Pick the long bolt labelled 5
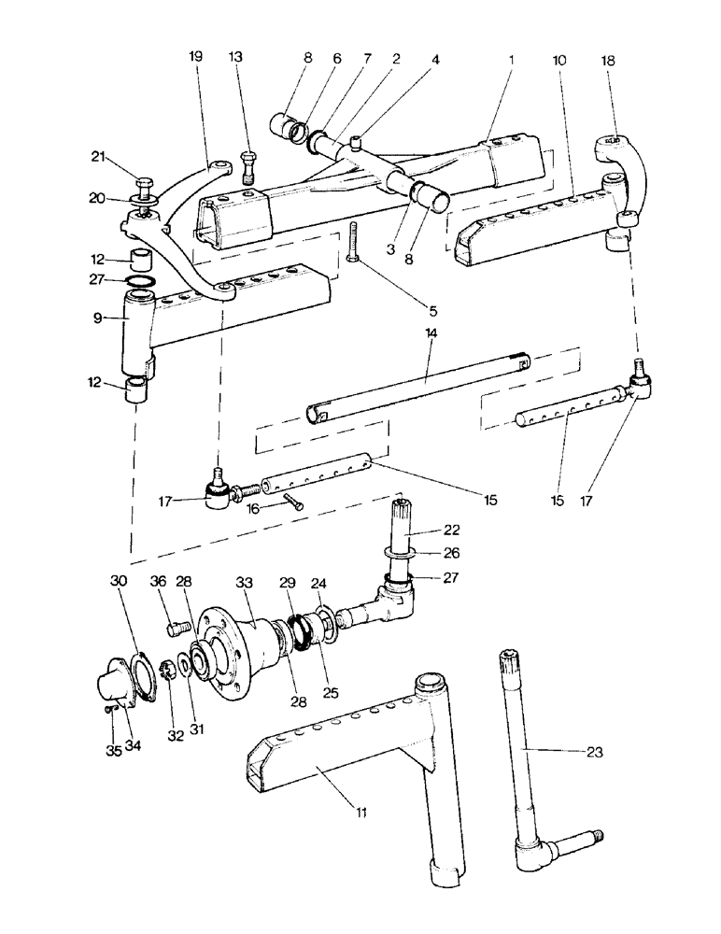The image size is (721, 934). pyautogui.click(x=353, y=244)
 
